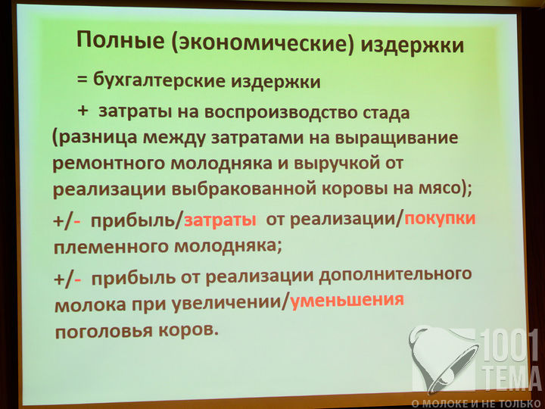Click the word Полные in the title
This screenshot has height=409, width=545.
click(x=120, y=39)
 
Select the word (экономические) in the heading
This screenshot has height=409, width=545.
click(x=263, y=43)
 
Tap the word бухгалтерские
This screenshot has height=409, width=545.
click(x=159, y=81)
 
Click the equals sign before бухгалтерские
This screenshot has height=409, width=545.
click(x=82, y=80)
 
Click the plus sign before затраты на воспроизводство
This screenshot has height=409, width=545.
click(x=83, y=111)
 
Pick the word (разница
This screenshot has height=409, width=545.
click(x=95, y=138)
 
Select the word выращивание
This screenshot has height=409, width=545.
click(x=397, y=138)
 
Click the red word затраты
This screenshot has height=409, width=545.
click(x=220, y=220)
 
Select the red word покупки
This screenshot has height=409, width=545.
click(x=440, y=219)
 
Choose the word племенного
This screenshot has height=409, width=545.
click(x=111, y=247)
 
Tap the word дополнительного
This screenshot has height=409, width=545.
click(x=395, y=275)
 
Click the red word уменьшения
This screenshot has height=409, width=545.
click(x=347, y=300)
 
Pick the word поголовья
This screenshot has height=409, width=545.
click(x=104, y=331)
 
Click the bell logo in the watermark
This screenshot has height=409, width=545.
click(x=444, y=360)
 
